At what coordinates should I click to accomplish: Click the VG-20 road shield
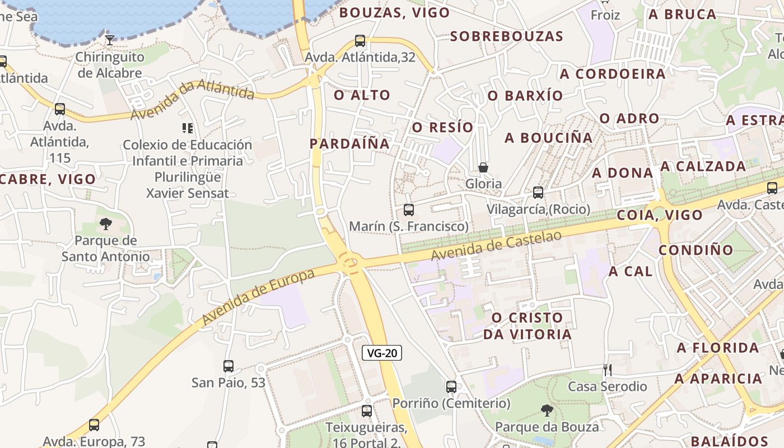tap(382, 353)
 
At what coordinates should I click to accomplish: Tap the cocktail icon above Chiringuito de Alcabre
tap(110, 40)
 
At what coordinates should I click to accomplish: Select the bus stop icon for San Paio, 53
tap(228, 366)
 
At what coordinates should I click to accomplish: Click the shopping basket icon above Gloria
tap(483, 167)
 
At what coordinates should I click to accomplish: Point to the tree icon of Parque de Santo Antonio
tap(105, 225)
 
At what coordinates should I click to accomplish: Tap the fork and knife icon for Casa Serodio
tap(607, 370)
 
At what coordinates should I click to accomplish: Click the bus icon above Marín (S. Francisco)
tap(409, 210)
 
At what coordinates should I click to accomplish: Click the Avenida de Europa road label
tap(259, 297)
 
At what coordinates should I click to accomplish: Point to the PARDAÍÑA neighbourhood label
tap(349, 143)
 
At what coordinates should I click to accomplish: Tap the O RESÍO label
tap(442, 128)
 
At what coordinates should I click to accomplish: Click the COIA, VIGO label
tap(659, 215)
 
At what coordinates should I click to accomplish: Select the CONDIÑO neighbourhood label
tap(696, 250)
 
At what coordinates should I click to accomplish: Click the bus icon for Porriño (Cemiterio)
tap(451, 386)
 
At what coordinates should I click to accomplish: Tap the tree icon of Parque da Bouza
tap(547, 410)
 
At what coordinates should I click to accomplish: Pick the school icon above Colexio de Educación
tap(188, 128)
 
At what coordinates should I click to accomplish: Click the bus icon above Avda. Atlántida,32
tap(360, 40)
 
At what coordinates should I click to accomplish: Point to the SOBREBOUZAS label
tap(506, 36)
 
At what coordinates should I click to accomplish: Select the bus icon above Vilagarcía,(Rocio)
tap(538, 193)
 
